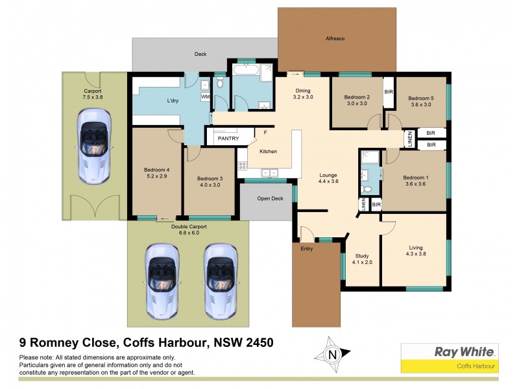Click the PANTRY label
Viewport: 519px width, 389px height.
[x=228, y=138]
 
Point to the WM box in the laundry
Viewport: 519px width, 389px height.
[x=206, y=97]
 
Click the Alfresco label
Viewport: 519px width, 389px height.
[x=335, y=39]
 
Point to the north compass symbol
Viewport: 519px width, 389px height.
[x=332, y=355]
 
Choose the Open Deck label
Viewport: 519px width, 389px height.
[x=270, y=198]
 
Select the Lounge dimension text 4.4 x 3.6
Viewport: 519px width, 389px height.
[x=328, y=182]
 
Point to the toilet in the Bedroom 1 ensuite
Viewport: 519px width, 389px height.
[x=368, y=189]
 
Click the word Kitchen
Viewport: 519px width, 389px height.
[x=269, y=151]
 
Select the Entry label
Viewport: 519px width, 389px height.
[x=307, y=248]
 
